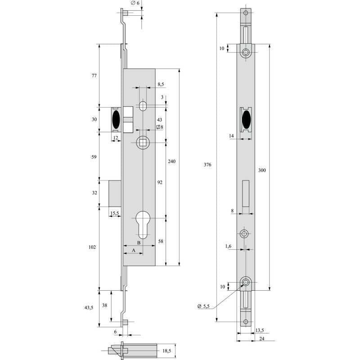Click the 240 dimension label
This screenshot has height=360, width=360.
pyautogui.click(x=171, y=161)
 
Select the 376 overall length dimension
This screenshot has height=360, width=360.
pyautogui.click(x=207, y=165)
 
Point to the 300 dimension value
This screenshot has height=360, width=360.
pyautogui.click(x=262, y=171)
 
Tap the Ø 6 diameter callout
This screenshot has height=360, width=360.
pyautogui.click(x=135, y=3)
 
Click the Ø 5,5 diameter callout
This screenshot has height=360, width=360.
pyautogui.click(x=203, y=306)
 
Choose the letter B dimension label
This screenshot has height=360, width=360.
pyautogui.click(x=139, y=243)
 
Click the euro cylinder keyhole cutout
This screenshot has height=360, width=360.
pyautogui.click(x=143, y=225)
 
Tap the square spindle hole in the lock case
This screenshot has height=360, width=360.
pyautogui.click(x=143, y=143)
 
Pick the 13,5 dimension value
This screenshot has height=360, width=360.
pyautogui.click(x=259, y=330)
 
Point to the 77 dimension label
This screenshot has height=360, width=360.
pyautogui.click(x=94, y=76)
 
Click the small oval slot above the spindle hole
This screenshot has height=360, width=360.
pyautogui.click(x=143, y=106)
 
